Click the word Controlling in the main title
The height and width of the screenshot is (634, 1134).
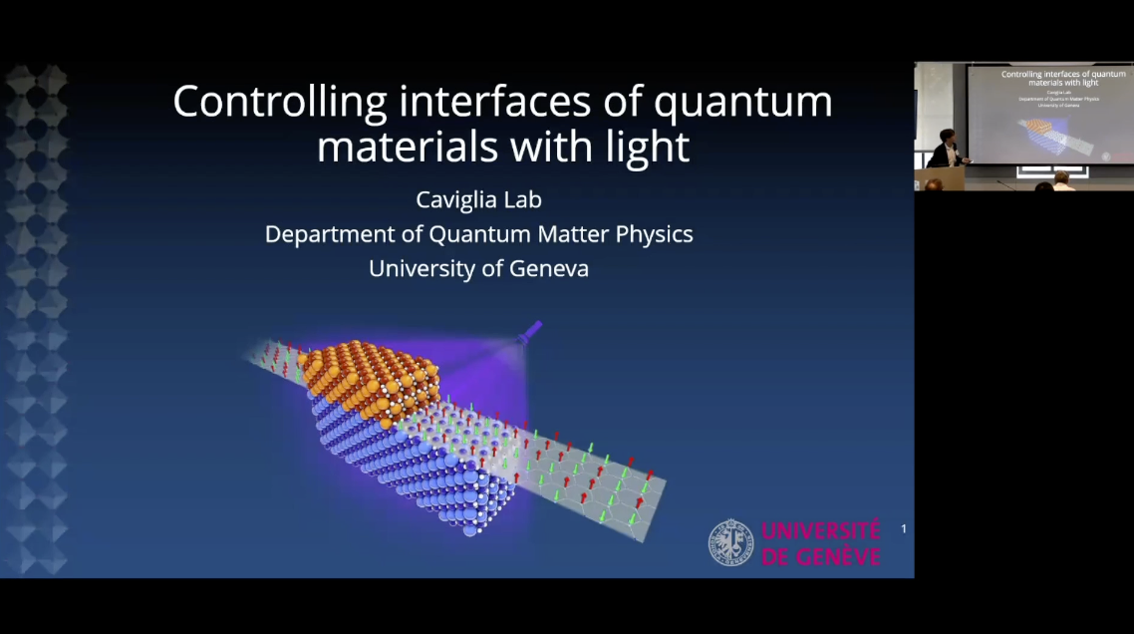[280, 103]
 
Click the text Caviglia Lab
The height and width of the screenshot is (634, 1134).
[478, 200]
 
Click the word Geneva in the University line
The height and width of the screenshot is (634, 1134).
[548, 268]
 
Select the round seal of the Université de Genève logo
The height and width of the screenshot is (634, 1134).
[730, 543]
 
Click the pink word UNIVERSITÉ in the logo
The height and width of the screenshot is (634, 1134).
[820, 531]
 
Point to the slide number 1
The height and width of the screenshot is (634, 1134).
[904, 528]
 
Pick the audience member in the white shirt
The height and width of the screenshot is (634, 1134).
[1063, 181]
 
